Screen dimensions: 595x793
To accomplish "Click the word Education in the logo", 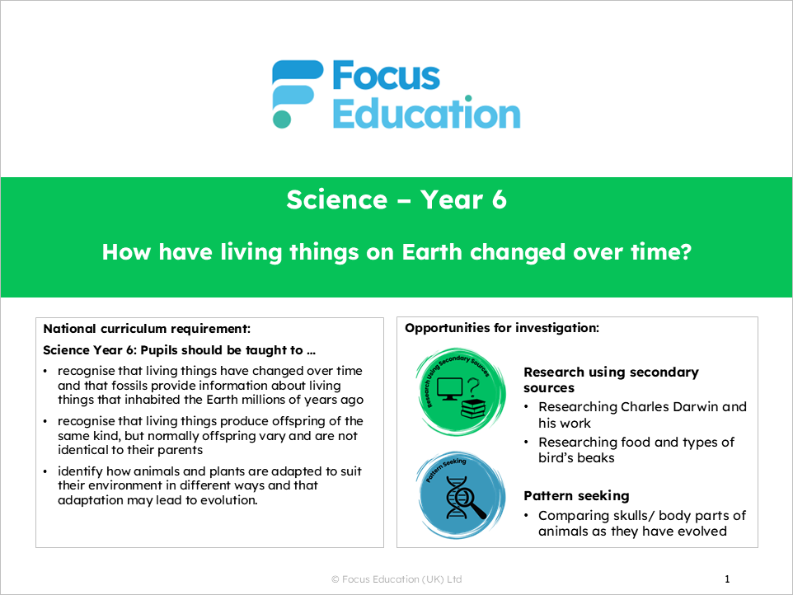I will click(426, 113).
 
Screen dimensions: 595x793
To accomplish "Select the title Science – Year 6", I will click(396, 200).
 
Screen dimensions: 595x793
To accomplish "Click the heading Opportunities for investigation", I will click(501, 328).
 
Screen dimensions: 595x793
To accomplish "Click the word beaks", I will click(594, 457).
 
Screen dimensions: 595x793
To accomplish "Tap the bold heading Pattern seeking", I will click(576, 496).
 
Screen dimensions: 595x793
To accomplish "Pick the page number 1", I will click(727, 579).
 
